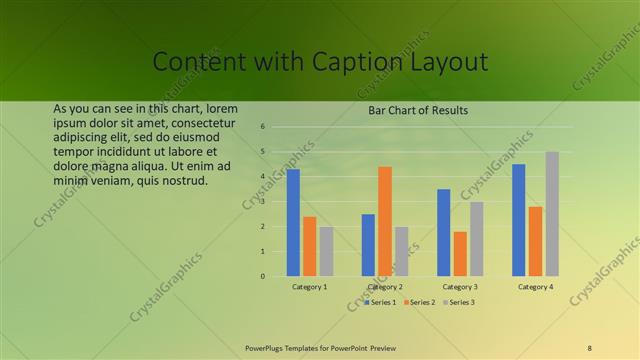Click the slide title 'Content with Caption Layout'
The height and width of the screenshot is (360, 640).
(320, 62)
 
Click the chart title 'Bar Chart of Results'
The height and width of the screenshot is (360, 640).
(418, 110)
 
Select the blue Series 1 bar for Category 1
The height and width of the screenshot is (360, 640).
(293, 222)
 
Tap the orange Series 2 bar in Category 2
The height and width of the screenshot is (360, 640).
(385, 221)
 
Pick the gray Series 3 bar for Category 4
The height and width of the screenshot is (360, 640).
(552, 213)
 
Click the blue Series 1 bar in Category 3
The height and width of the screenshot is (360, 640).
(443, 232)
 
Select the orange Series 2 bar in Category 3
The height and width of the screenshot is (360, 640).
(460, 253)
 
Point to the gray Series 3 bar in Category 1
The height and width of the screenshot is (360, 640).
(326, 251)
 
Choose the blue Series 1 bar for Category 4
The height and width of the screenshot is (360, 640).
(518, 220)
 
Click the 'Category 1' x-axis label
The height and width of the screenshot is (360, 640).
(310, 287)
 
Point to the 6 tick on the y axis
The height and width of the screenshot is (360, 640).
(261, 127)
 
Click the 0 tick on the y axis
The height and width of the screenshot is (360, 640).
(261, 276)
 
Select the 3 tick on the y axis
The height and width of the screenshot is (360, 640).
(261, 202)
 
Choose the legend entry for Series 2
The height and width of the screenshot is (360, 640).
(420, 302)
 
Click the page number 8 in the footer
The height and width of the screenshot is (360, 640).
(589, 347)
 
